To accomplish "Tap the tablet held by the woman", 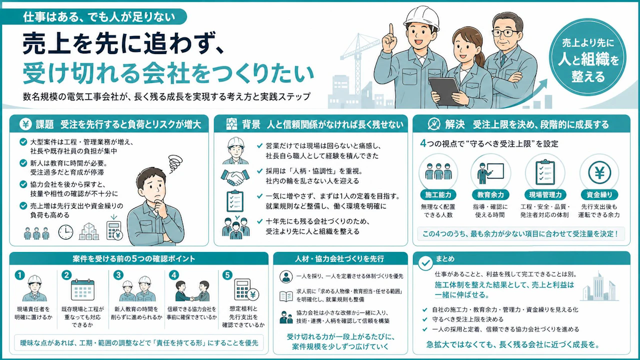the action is coord(445,91).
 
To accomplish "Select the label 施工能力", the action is coord(438,195).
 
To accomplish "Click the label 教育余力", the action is coord(490,195).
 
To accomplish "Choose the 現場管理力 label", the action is coord(545,195).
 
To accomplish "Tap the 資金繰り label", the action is coord(599,195).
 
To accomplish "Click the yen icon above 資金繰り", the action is coord(599,172).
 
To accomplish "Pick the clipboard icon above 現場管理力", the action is coord(545,172).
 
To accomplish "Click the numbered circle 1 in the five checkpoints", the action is coord(19,275).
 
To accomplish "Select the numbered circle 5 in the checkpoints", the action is coord(227,275).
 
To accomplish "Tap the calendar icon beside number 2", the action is coord(82,289).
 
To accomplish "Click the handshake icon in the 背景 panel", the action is coord(235,177).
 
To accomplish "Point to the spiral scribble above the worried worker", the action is coord(175,163).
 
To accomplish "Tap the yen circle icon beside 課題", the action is coord(25,124).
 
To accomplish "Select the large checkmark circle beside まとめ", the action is coord(425,262).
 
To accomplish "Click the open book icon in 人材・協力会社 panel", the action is coord(286,296).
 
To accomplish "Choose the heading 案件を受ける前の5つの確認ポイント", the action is coord(133,259).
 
